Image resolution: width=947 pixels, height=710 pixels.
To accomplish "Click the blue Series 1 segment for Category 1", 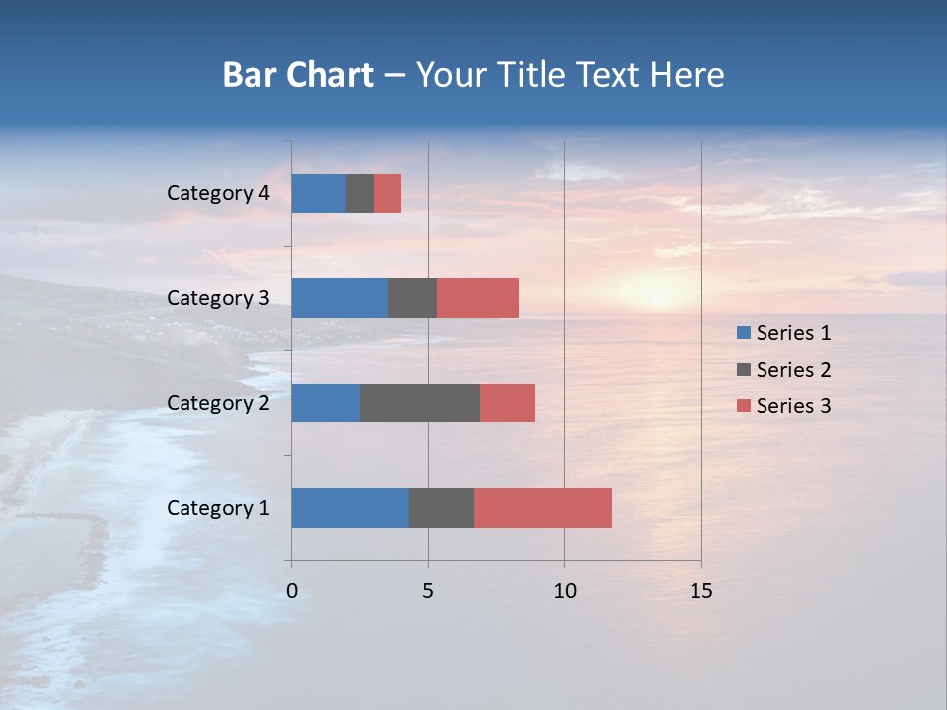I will coord(350,508).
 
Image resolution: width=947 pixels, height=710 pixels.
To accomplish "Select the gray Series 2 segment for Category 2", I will coord(420,402).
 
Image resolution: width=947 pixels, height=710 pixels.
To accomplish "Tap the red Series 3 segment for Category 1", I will coord(543,508).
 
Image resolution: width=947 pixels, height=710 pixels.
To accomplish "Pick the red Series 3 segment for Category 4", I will coord(388,193).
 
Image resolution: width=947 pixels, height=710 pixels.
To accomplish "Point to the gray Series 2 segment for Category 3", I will coord(412,298).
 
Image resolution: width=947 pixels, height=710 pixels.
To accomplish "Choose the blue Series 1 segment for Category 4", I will coord(319,193).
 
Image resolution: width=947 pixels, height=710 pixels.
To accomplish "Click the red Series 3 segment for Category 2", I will coord(507,402).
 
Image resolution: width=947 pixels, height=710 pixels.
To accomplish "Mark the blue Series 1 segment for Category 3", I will coord(339,298).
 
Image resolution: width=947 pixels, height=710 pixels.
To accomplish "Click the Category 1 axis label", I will coord(218,508).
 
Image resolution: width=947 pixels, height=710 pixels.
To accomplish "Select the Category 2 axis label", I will coord(218,403).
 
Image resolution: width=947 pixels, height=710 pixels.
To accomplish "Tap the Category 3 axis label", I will coord(218,298).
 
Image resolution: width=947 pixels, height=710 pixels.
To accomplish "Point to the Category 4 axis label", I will coord(218,193).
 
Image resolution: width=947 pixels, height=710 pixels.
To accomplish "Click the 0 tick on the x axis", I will coord(292,591).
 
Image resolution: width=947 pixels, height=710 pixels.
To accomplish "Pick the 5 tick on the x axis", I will coord(428,591).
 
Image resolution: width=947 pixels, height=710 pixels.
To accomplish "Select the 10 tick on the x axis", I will coord(564,591).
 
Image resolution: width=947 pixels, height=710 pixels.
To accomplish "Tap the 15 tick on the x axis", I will coord(700,591).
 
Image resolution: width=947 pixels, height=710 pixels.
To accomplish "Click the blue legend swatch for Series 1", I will coord(743,333).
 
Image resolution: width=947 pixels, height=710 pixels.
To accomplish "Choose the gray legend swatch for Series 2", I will coord(743,370).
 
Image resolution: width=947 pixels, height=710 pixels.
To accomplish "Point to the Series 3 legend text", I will coord(793,406).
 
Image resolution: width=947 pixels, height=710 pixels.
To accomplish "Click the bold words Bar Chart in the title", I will coord(298,75).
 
